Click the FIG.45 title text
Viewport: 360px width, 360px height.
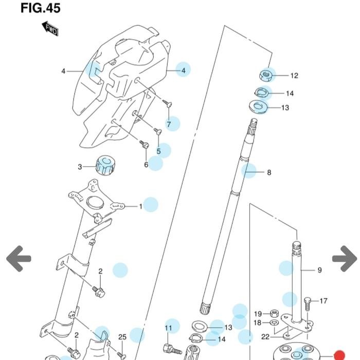41,8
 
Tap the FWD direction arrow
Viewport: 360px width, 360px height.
50,29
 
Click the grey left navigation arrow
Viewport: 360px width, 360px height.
19,259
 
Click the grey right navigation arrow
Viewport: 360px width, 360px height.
345,259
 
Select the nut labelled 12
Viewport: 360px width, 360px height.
266,75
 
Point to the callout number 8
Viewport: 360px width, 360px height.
269,172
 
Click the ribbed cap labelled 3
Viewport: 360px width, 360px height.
105,166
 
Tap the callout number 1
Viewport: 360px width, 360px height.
141,207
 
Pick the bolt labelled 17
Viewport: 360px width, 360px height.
308,303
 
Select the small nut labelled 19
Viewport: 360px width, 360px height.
274,313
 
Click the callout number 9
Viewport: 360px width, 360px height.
319,270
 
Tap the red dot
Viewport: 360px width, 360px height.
339,355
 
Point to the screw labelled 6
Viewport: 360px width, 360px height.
144,144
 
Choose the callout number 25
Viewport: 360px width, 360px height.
122,337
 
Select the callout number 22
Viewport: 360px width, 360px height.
265,337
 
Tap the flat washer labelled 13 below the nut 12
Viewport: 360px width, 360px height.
258,107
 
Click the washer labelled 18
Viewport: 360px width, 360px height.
274,322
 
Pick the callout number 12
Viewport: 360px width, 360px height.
294,76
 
